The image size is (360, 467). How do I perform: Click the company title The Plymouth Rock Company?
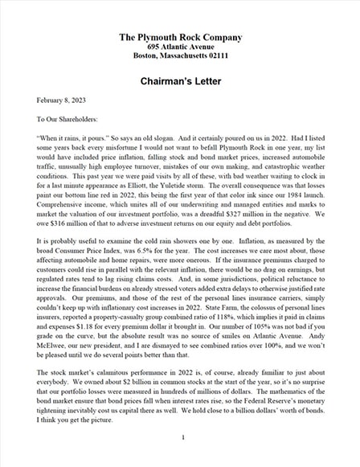(x=180, y=37)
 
